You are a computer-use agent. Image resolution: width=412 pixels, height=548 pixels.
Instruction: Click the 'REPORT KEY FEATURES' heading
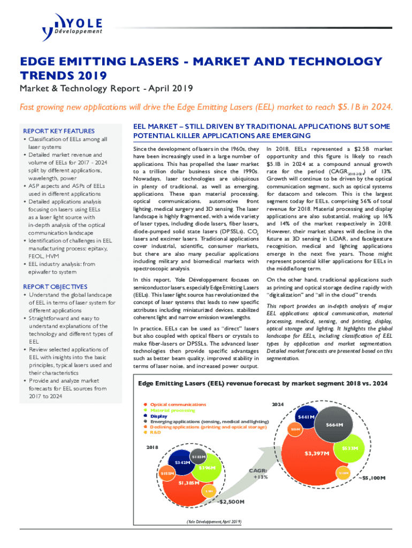pyautogui.click(x=58, y=131)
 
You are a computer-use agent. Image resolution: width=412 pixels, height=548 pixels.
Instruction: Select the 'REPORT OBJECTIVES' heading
pyautogui.click(x=56, y=287)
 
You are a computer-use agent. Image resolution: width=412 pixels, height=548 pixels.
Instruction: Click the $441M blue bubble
pyautogui.click(x=306, y=417)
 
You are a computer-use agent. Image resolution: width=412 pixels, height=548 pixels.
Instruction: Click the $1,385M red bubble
pyautogui.click(x=189, y=482)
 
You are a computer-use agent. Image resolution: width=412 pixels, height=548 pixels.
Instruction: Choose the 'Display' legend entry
pyautogui.click(x=158, y=416)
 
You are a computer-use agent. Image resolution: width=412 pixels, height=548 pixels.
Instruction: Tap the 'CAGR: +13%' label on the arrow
pyautogui.click(x=258, y=474)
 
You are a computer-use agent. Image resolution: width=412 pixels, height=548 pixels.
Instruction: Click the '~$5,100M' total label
pyautogui.click(x=371, y=477)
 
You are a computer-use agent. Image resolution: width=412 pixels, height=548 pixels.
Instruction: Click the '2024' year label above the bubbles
pyautogui.click(x=279, y=405)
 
